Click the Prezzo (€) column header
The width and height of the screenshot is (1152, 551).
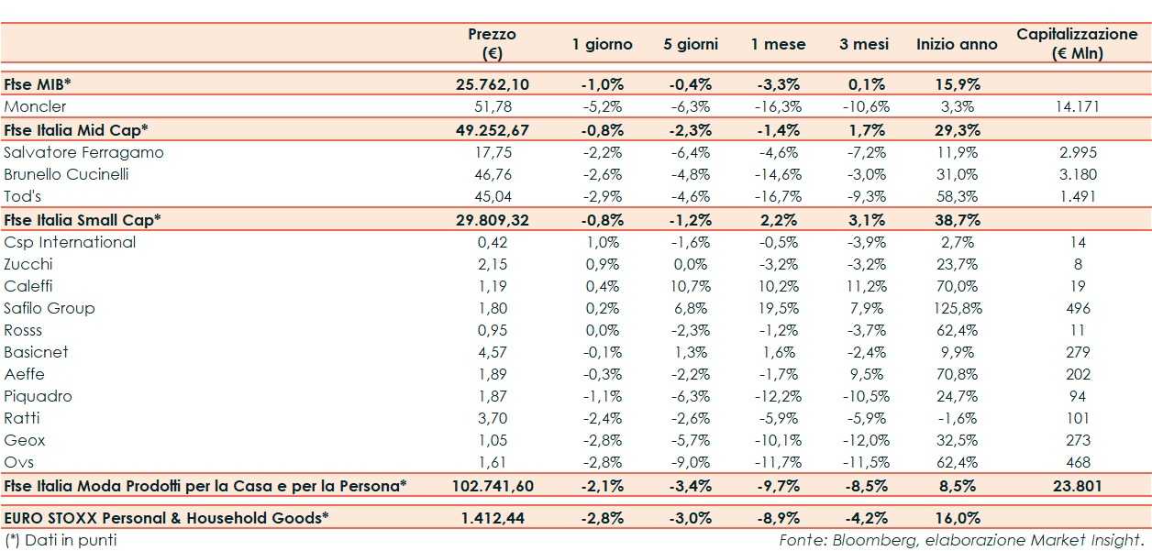492,43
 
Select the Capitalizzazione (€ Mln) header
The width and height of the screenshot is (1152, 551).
1077,43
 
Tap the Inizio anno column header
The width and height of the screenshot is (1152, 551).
957,44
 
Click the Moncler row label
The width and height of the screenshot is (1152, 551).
35,106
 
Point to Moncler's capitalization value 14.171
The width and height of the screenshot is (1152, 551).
1078,106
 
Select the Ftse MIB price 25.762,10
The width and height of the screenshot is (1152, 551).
492,84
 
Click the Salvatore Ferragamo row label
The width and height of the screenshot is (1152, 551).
83,152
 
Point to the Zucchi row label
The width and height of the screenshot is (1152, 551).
28,264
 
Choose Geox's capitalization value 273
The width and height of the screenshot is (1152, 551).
1078,440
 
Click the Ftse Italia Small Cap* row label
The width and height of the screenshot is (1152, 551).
83,220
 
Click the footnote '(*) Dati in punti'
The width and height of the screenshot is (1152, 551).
61,540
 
